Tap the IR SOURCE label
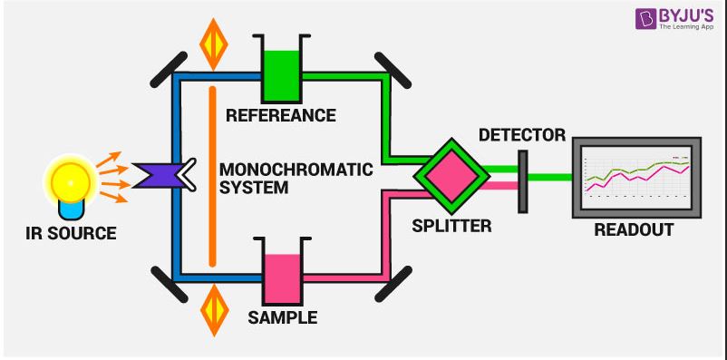[71, 233]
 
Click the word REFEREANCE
[281, 116]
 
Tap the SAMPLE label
[283, 318]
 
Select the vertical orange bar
[212, 176]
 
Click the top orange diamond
[213, 41]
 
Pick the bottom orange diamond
[213, 309]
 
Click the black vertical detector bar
[522, 182]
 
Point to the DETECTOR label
[521, 135]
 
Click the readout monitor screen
[635, 177]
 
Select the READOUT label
[634, 230]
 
